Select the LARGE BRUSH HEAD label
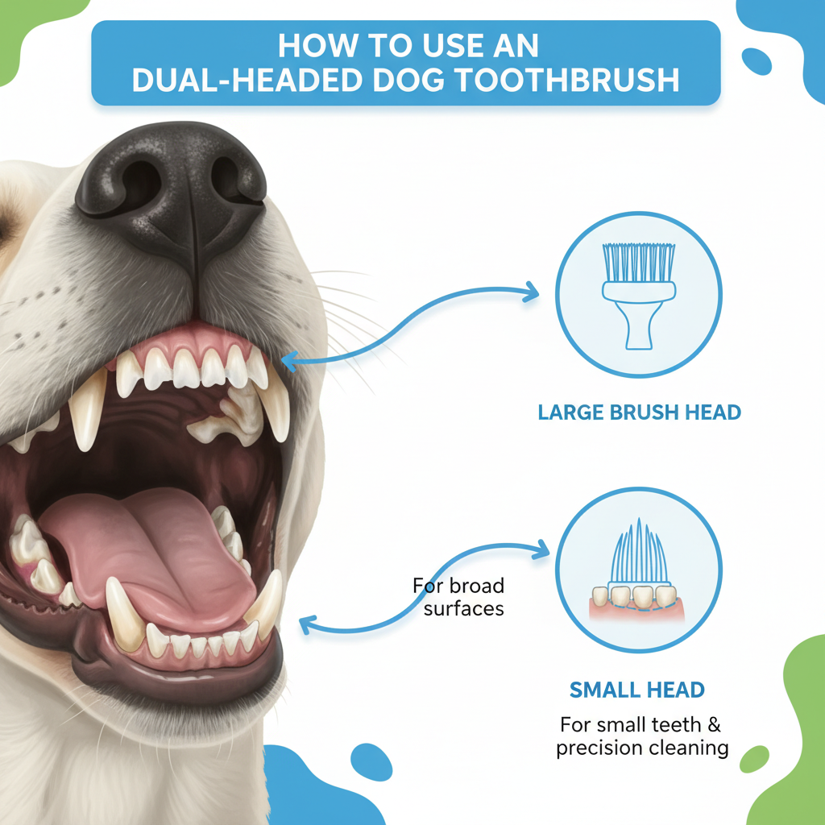[x=639, y=412]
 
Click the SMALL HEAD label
[x=637, y=690]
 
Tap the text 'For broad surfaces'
[x=458, y=597]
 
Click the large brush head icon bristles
[x=639, y=262]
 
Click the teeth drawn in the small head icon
[x=634, y=597]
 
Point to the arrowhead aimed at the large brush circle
[x=530, y=292]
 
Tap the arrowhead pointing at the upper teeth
[x=290, y=360]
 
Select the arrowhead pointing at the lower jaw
[x=309, y=625]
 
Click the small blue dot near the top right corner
[x=757, y=61]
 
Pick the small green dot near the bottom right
[x=754, y=759]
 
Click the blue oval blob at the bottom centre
[x=371, y=762]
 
